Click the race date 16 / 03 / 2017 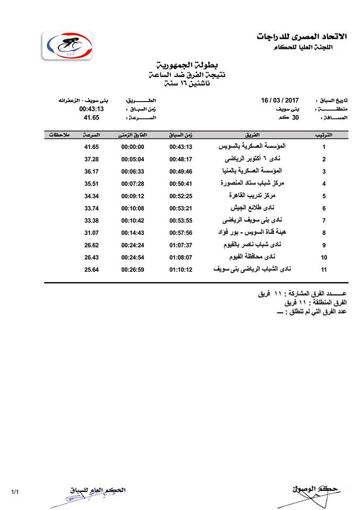coord(281,100)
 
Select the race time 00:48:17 coord(181,159)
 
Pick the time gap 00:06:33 coord(133,171)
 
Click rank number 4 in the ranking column coord(324,184)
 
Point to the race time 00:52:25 coord(181,195)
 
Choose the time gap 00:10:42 coord(133,220)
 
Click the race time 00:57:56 coord(181,232)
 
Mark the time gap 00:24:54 coord(133,257)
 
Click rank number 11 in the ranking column coord(324,269)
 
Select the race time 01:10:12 coord(181,269)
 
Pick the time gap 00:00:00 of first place coord(133,147)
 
